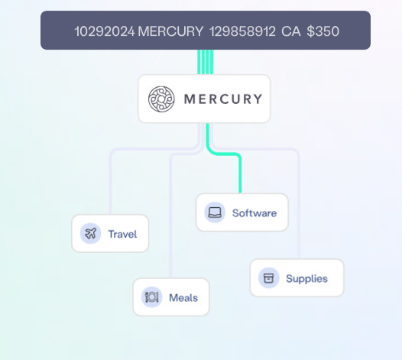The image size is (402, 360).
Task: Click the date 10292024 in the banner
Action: [105, 31]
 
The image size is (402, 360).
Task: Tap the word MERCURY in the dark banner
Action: [170, 31]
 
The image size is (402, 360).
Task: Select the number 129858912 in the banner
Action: [242, 31]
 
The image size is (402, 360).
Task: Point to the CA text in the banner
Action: [291, 31]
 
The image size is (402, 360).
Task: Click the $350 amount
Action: [323, 31]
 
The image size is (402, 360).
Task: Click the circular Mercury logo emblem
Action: [161, 99]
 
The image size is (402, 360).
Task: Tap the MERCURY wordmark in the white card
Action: [223, 99]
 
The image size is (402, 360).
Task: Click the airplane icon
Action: [90, 233]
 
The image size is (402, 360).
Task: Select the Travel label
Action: [122, 234]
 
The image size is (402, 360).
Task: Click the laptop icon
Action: [215, 212]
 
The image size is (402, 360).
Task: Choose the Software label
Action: [254, 213]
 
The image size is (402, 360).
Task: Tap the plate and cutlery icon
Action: [152, 297]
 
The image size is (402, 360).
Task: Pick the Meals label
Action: [183, 298]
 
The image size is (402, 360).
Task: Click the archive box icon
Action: [268, 278]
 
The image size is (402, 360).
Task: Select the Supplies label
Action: [307, 279]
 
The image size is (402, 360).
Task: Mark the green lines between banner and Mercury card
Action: [205, 62]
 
